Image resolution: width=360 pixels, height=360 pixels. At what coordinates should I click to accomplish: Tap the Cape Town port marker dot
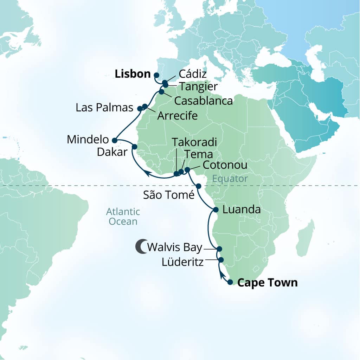(x=230, y=282)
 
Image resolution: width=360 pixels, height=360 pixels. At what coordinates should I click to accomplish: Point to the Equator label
(x=230, y=179)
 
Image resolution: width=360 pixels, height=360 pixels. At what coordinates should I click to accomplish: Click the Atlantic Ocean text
(x=123, y=217)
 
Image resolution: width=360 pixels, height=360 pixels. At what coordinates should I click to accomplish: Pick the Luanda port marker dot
(x=216, y=210)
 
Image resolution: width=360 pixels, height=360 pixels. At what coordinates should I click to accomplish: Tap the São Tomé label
(x=169, y=194)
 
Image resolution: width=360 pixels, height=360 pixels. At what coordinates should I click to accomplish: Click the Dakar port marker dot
(x=134, y=147)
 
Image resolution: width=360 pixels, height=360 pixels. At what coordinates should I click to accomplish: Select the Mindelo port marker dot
(x=114, y=140)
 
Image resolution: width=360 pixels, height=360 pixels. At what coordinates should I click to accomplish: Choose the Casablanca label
(x=204, y=101)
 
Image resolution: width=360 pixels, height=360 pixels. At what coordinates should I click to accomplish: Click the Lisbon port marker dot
(x=156, y=75)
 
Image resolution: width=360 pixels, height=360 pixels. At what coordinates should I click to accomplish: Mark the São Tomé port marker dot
(x=198, y=186)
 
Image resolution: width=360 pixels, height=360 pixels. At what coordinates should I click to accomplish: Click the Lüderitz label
(x=182, y=262)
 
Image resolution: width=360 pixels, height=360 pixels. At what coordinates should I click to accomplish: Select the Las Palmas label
(x=104, y=107)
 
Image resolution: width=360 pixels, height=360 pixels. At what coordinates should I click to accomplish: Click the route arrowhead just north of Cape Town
(x=222, y=275)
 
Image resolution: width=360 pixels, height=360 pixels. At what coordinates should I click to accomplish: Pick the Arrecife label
(x=177, y=116)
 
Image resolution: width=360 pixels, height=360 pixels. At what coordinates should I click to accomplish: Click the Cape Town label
(x=267, y=282)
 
